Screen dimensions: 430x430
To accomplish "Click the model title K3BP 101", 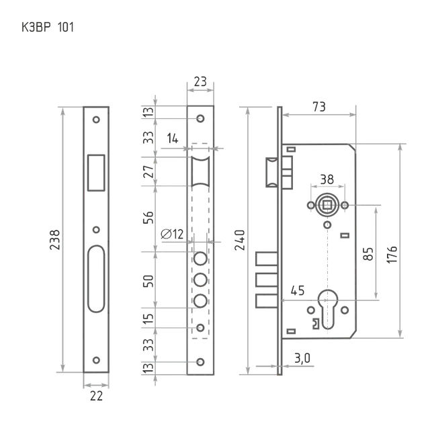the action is coord(48,28).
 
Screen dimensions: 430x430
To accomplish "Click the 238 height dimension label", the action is coord(54,240).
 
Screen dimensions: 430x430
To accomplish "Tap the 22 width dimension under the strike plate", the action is coord(96,396).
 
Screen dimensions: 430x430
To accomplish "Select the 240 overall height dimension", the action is coord(240,240).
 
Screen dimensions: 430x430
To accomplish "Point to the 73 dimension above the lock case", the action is coord(319,107).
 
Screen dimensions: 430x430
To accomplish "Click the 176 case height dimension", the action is coord(392,255).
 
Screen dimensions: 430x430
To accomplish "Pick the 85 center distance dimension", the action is coord(368,254).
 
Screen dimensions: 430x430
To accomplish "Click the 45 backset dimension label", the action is coord(298,290).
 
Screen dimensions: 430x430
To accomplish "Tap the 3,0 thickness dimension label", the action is coord(302,358).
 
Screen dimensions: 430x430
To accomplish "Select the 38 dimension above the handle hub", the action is coord(327,179).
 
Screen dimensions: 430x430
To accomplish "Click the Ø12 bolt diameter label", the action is coord(172,234).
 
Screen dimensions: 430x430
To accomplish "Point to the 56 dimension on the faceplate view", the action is coord(148,218).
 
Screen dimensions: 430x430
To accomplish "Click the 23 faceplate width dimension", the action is coord(200,81).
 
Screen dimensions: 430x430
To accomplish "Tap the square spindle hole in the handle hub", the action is coord(327,205).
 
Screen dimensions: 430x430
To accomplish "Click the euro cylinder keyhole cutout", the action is coord(328,309).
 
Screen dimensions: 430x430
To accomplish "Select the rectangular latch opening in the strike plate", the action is coord(96,173).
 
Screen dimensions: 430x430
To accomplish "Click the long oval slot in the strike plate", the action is coord(96,279).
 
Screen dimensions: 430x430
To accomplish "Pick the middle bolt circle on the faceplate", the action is coord(200,280).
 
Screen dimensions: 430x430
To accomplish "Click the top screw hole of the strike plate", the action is coord(96,120).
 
